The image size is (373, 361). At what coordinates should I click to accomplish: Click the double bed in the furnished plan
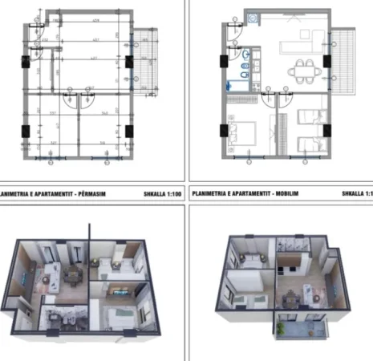click(241, 132)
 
